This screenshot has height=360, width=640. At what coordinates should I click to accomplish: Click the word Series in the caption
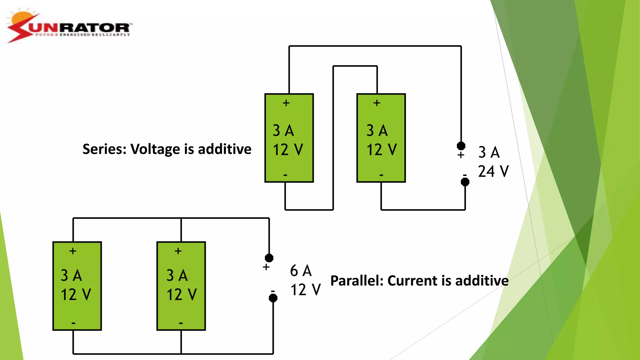(x=104, y=149)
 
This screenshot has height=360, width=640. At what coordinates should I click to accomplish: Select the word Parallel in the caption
(x=357, y=281)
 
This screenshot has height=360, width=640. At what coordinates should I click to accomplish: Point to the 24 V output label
(x=493, y=172)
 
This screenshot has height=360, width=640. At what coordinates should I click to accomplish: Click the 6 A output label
(x=301, y=271)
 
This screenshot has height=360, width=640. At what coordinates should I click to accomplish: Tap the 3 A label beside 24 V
(x=489, y=152)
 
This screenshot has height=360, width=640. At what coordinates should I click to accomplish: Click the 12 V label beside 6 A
(x=305, y=290)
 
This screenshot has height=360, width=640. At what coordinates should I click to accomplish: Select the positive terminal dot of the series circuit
(x=461, y=146)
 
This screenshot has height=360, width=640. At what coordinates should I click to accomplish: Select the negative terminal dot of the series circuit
(x=465, y=182)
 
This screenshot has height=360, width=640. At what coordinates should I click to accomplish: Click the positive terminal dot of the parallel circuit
(x=269, y=258)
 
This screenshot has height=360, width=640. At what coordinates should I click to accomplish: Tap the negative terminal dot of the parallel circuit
(x=273, y=298)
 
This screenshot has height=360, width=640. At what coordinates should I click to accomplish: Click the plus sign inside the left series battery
(x=286, y=103)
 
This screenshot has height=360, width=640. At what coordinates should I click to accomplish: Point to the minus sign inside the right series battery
(x=381, y=175)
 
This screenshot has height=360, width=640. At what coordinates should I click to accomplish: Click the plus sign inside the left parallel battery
(x=73, y=251)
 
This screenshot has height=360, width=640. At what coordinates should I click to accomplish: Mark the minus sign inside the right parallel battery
(x=181, y=323)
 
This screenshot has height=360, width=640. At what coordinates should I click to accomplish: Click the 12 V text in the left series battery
(x=288, y=150)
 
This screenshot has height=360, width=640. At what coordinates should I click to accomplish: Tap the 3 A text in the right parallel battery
(x=177, y=276)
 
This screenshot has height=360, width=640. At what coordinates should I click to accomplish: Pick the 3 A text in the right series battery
(x=377, y=131)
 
